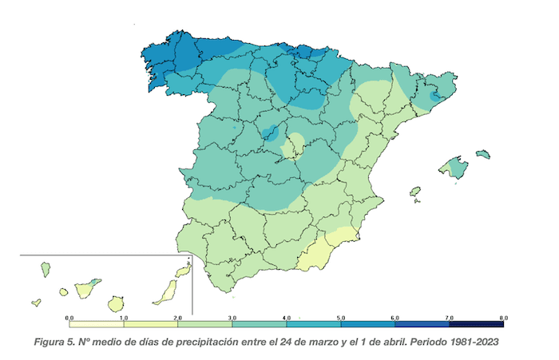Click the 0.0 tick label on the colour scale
[69, 318]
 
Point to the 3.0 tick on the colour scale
[232, 318]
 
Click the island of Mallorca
[453, 168]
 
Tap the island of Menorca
[482, 153]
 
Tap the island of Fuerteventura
[165, 291]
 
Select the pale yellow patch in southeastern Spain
[319, 249]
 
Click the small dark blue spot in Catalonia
[434, 96]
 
